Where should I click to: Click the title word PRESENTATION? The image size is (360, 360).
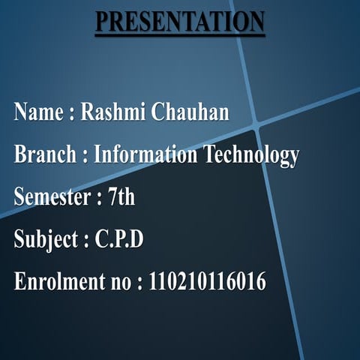click(x=179, y=22)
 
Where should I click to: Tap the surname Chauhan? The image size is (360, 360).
click(x=190, y=113)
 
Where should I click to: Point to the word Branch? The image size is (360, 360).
click(x=44, y=155)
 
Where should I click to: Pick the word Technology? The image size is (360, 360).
click(x=251, y=156)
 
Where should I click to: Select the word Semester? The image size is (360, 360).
click(x=51, y=198)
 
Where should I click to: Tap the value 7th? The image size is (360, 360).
click(x=121, y=198)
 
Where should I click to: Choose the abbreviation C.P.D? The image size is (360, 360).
click(x=119, y=240)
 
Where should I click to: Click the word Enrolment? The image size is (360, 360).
click(x=55, y=283)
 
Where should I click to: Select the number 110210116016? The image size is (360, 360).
click(x=208, y=283)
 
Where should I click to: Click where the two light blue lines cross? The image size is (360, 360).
click(x=255, y=122)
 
